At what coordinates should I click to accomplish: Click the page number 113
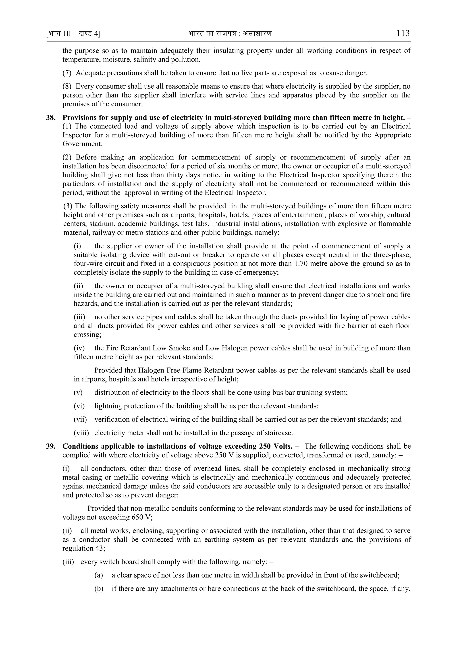pos(403,33)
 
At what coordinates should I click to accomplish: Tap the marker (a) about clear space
pos(99,575)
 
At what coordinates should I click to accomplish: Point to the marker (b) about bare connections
pos(99,589)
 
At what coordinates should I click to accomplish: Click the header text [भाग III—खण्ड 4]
pos(73,34)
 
